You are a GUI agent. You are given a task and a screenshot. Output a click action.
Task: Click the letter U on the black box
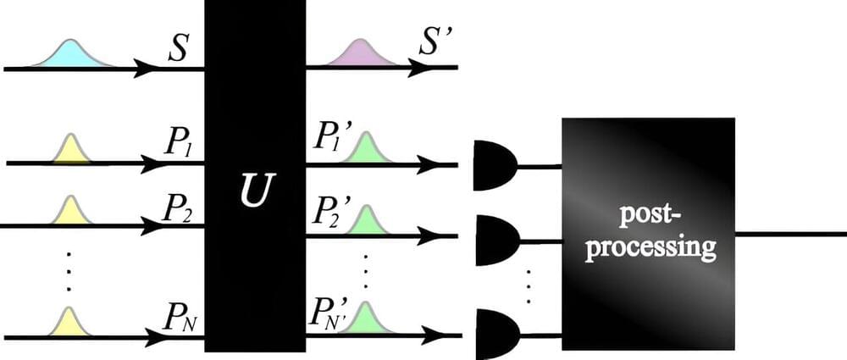pos(254,191)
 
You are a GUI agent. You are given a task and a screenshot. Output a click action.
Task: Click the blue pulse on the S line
pos(72,53)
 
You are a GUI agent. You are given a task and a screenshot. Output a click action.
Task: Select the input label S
pos(178,49)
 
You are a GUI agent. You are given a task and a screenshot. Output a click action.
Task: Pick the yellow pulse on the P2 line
pos(70,213)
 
